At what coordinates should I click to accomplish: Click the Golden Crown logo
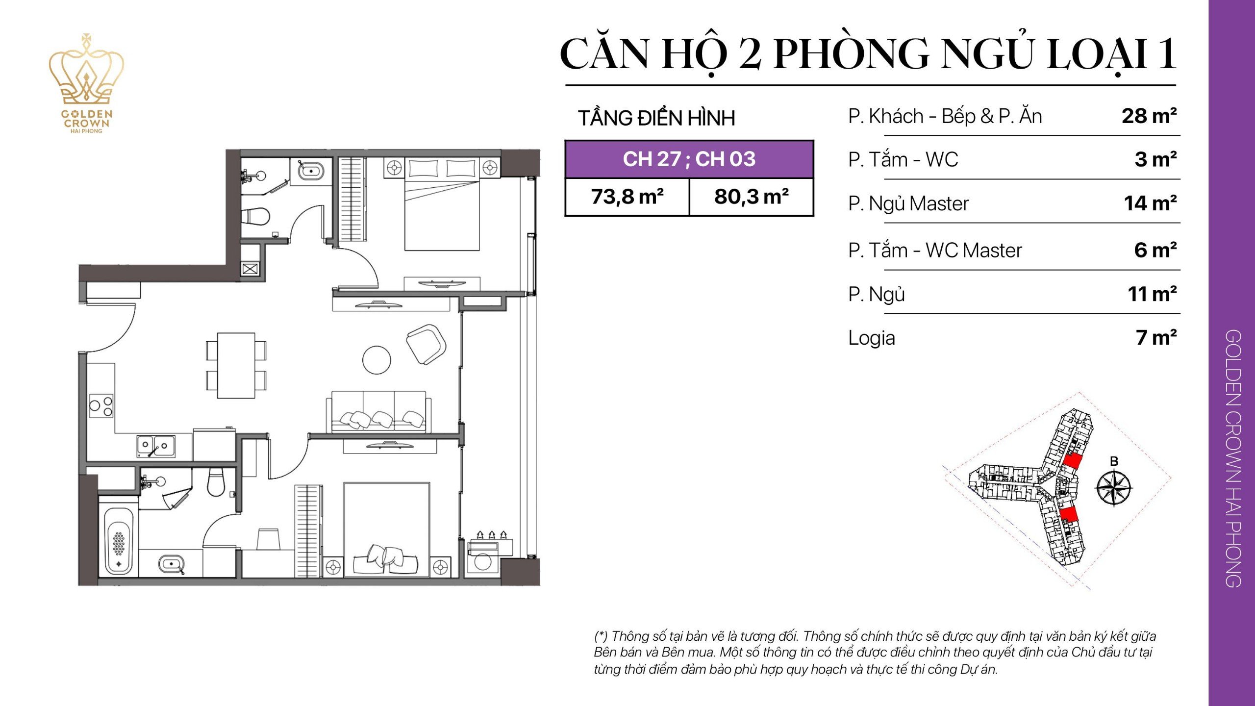coord(86,83)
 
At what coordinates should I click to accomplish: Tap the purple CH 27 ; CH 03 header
coord(689,159)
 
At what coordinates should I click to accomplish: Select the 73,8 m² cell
coord(627,197)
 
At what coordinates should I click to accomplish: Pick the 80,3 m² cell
coord(751,197)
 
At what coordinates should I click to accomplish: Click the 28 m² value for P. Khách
coord(1149,117)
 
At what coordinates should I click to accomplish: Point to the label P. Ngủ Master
coord(908,204)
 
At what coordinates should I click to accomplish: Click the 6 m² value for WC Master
coord(1155,251)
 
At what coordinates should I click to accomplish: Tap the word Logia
coord(871,338)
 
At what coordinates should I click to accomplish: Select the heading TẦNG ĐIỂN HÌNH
coord(656,118)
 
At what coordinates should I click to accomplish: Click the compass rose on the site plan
coord(1114,488)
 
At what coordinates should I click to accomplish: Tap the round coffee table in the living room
coord(376,360)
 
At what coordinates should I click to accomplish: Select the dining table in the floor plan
coord(236,366)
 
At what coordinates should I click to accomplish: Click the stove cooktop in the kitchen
coord(101,406)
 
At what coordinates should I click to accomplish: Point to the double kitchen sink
coord(155,446)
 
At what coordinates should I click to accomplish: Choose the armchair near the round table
coord(426,344)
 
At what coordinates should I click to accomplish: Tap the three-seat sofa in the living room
coord(378,412)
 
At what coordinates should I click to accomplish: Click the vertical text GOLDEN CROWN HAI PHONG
coord(1232,458)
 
